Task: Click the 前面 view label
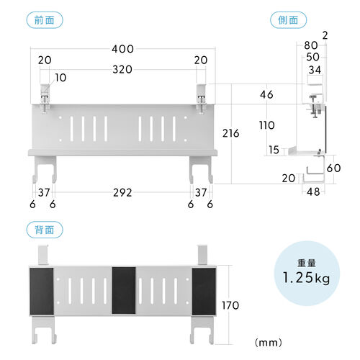click(45, 20)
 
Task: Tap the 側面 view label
click(288, 20)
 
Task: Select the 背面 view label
click(45, 230)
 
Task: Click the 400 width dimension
click(122, 49)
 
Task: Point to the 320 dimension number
click(122, 70)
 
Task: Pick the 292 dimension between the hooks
click(122, 192)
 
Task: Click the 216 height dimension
click(231, 133)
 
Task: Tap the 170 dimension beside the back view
click(230, 305)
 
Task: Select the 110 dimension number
click(267, 125)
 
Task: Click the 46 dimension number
click(266, 94)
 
